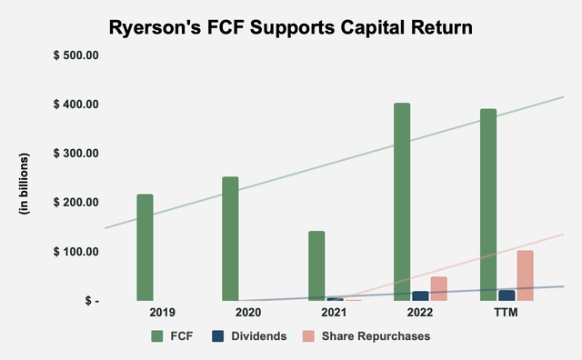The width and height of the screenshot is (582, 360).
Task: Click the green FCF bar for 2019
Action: [145, 247]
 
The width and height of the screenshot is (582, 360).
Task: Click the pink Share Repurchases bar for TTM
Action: [525, 275]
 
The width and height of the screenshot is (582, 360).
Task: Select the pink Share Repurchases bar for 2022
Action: [438, 288]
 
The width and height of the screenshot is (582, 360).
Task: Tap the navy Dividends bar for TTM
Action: [507, 295]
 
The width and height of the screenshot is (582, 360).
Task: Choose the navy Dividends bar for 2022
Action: [420, 295]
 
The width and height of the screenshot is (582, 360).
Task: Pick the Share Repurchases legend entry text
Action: [381, 335]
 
